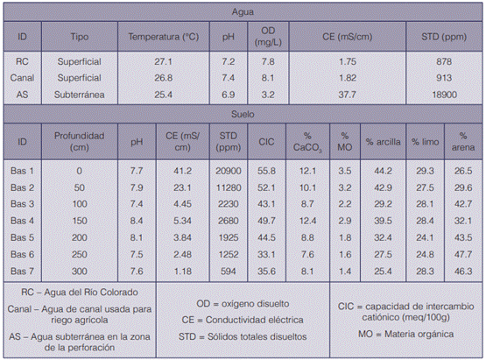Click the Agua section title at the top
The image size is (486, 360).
243,12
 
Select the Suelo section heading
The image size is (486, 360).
243,114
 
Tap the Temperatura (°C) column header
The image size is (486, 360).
164,37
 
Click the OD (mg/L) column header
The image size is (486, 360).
268,37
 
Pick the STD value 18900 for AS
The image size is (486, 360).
444,95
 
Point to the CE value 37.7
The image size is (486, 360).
347,95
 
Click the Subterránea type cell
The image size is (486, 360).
80,95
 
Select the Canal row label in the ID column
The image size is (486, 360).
22,78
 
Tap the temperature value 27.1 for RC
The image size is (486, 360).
164,61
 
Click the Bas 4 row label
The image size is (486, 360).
22,221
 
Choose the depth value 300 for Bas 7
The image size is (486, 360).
80,272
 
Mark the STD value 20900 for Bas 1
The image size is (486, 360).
229,171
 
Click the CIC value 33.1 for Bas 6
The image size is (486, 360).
266,255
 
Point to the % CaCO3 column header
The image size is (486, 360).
307,142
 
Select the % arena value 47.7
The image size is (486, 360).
463,255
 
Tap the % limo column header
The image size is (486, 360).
425,142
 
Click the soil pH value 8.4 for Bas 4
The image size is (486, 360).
137,221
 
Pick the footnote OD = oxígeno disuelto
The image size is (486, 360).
243,304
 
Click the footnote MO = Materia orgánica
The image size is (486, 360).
405,334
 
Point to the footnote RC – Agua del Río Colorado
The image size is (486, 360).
80,292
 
